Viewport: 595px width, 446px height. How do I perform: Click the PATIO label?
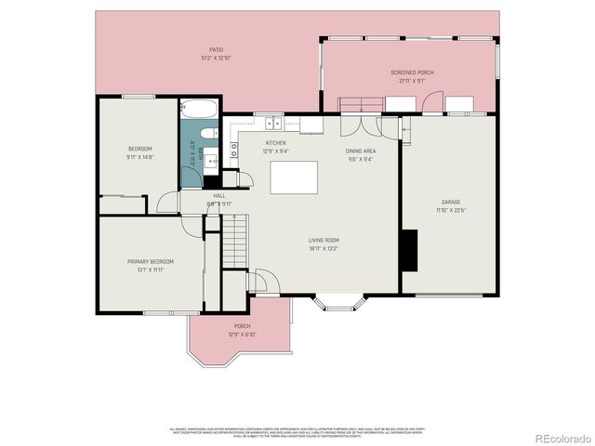(x=216, y=49)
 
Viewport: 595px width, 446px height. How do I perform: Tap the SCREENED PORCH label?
(x=412, y=72)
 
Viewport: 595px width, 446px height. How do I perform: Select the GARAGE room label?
(x=451, y=202)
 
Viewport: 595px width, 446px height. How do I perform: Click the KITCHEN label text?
(x=275, y=142)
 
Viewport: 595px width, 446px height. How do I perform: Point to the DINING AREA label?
(x=360, y=151)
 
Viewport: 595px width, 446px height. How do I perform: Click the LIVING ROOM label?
(x=324, y=240)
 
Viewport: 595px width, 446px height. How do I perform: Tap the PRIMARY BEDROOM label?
(x=151, y=261)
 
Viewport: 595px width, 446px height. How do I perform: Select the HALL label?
(x=219, y=195)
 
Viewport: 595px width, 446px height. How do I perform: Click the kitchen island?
(x=294, y=177)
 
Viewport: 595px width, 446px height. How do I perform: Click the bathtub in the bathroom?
(x=199, y=109)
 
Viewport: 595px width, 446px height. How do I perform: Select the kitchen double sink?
(x=273, y=123)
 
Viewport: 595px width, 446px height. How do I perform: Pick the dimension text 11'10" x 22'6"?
(x=451, y=210)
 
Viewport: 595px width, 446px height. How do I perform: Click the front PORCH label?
(x=242, y=326)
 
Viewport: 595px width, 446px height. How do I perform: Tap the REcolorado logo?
(x=560, y=436)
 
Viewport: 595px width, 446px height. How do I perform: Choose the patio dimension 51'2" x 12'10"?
(x=216, y=58)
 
